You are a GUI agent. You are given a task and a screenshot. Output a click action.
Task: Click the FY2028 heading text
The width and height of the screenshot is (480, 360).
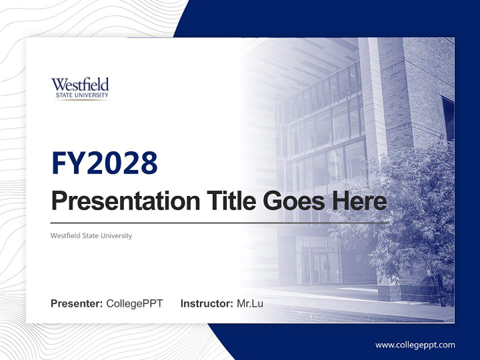(x=104, y=162)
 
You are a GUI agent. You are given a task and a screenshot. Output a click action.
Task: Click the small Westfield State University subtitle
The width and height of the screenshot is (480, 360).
(x=91, y=235)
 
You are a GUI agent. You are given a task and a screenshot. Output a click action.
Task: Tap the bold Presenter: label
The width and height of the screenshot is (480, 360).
(x=77, y=303)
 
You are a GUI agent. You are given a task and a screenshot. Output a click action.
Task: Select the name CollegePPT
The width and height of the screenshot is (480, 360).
(x=134, y=303)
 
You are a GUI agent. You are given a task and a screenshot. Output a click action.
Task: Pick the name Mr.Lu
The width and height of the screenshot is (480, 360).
(x=250, y=303)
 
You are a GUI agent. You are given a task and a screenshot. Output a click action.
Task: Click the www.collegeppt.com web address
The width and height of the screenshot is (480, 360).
(x=415, y=345)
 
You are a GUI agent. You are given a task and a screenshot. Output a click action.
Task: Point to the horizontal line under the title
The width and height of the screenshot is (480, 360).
(x=220, y=222)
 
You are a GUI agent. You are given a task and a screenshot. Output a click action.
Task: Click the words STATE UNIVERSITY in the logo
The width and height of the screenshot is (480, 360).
(x=80, y=95)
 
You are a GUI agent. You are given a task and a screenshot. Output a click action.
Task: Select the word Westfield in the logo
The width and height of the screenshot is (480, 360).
(x=80, y=84)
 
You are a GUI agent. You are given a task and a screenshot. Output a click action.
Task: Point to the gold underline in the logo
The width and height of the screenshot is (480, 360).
(x=81, y=99)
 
